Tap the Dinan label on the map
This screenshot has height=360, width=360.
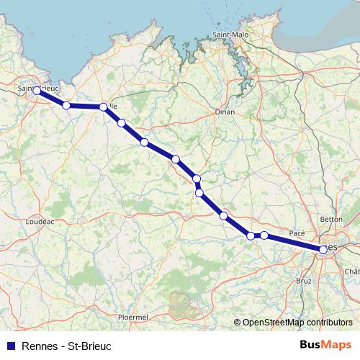(225, 112)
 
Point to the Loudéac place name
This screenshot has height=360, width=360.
(40, 222)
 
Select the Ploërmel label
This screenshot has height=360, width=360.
(132, 316)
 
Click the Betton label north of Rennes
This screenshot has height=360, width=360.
(331, 218)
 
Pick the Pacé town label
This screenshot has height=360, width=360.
(297, 233)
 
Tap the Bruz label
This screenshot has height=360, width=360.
(304, 280)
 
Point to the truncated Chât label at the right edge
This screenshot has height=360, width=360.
(352, 271)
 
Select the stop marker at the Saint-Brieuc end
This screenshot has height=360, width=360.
(37, 91)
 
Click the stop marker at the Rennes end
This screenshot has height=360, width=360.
(323, 249)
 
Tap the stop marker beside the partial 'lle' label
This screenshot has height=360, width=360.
(104, 107)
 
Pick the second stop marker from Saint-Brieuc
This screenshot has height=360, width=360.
(66, 105)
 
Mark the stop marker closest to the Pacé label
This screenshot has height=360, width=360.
(264, 235)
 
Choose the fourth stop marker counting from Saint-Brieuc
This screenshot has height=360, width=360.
(121, 123)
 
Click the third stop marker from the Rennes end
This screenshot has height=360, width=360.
(251, 235)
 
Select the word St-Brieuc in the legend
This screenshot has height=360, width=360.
(89, 346)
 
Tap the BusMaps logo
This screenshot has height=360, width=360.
(326, 345)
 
